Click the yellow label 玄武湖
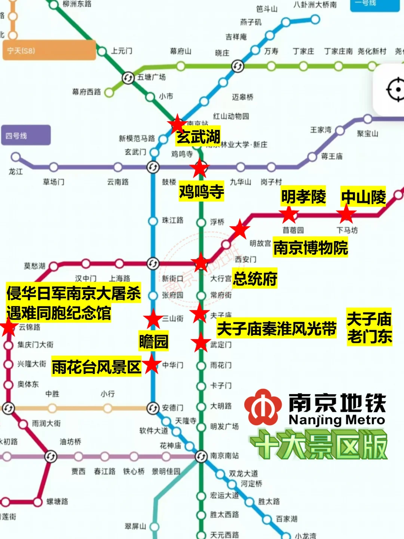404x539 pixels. (x=198, y=136)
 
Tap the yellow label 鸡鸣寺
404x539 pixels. (x=201, y=192)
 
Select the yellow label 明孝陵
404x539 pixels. (x=303, y=196)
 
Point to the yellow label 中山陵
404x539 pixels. (x=363, y=197)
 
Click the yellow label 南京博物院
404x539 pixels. (x=310, y=247)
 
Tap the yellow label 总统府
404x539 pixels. (x=255, y=278)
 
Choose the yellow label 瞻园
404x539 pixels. (x=153, y=341)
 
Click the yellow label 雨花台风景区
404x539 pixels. (x=96, y=367)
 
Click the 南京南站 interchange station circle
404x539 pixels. (x=201, y=456)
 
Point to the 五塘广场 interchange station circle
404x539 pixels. (x=128, y=78)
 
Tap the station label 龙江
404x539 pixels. (x=16, y=172)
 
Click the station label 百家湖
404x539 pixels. (x=287, y=519)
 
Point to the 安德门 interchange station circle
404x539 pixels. (x=153, y=408)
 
